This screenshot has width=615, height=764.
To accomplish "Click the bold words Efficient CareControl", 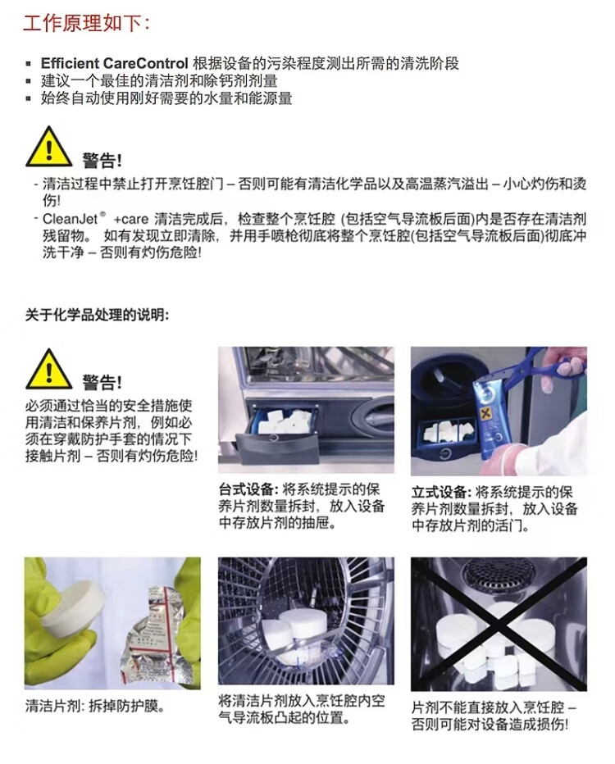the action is (x=114, y=63).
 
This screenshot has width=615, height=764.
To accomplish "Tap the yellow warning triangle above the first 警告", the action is (x=48, y=147).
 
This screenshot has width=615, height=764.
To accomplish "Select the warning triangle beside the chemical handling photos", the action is (x=48, y=369).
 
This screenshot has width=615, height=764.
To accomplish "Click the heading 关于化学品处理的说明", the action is (x=97, y=316).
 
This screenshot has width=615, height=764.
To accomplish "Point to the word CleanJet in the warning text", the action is (x=71, y=219).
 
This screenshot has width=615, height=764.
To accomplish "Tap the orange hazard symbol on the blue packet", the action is (x=485, y=414).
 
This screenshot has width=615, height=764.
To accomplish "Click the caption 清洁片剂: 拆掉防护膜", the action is (x=95, y=706).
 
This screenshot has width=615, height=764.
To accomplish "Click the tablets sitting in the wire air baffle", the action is (x=296, y=628).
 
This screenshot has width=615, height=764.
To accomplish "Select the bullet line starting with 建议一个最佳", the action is (x=159, y=81).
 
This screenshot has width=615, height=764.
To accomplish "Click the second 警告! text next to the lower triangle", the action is (x=102, y=383).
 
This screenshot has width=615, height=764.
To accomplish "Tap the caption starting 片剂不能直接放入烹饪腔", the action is (x=494, y=716).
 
